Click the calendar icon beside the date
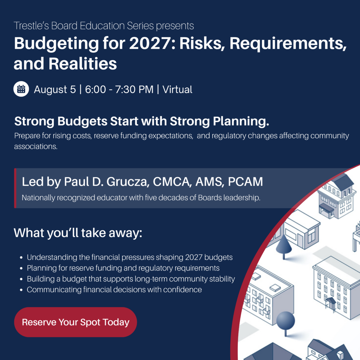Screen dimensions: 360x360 21,89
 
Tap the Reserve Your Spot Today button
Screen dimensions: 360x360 76,322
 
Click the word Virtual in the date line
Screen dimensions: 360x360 177,89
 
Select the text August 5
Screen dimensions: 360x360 55,90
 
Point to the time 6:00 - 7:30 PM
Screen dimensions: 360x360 119,89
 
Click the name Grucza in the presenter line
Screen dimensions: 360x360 128,182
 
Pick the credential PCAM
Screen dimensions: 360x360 245,182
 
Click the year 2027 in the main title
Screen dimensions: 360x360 150,43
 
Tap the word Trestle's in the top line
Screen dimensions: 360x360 31,26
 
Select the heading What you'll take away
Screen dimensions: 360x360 78,233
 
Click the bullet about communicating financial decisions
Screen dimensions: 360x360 114,290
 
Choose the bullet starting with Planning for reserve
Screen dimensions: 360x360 123,268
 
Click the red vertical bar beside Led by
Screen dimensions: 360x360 15,188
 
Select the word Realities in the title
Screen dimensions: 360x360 83,64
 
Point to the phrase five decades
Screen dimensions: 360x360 166,198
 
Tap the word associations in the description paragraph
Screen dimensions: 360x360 36,147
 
